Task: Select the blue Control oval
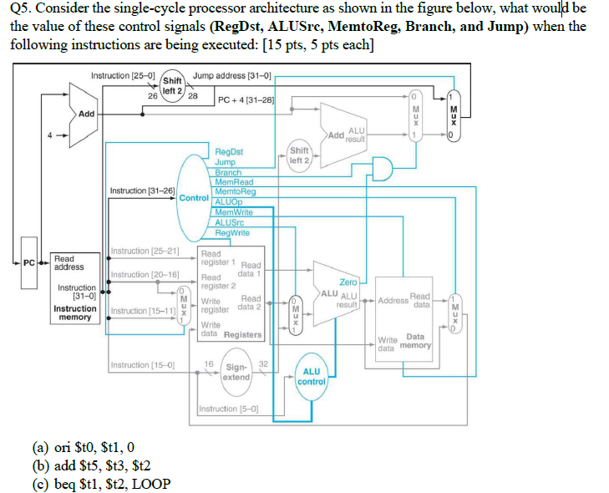[x=194, y=198]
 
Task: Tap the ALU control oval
[x=311, y=376]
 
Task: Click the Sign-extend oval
[x=236, y=372]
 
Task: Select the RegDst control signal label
[x=228, y=152]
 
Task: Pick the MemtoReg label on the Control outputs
[x=235, y=191]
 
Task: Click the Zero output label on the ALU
[x=348, y=282]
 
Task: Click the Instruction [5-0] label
[x=228, y=409]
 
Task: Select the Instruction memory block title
[x=75, y=313]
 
